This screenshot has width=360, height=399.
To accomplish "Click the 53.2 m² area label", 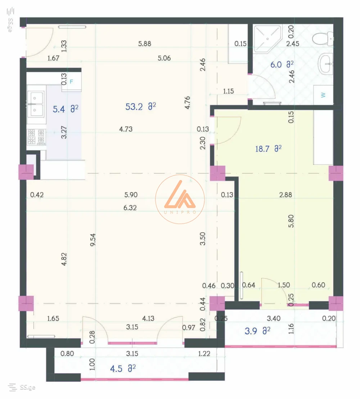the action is coord(140,106).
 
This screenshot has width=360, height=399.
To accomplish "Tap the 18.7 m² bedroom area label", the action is coord(268,148).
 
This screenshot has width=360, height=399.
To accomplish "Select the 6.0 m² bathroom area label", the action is coord(282,65).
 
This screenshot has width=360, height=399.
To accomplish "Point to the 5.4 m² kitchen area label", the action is coord(65,109).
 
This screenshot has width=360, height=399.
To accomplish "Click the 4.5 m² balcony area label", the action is coord(123,368).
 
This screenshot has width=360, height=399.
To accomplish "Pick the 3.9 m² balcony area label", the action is coord(257,331).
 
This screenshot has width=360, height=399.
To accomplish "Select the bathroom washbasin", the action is coord(326,64).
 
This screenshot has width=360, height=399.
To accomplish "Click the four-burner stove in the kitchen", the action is coord(36,137).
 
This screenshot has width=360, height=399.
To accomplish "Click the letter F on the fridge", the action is coord(71,82).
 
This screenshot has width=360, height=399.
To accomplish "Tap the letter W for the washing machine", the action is coord(323,95).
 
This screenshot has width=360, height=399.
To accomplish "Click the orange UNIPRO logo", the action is coord(180,199).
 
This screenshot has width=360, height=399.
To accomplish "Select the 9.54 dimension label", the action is coord(93,240).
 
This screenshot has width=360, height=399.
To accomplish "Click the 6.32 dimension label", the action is coord(130,208).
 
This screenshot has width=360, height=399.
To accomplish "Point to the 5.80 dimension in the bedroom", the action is coord(291,221).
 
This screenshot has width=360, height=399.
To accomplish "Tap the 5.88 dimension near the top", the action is coord(145,44).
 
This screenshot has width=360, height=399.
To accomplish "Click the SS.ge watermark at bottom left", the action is coord(22,387).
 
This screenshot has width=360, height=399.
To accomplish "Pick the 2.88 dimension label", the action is coord(285,195).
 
